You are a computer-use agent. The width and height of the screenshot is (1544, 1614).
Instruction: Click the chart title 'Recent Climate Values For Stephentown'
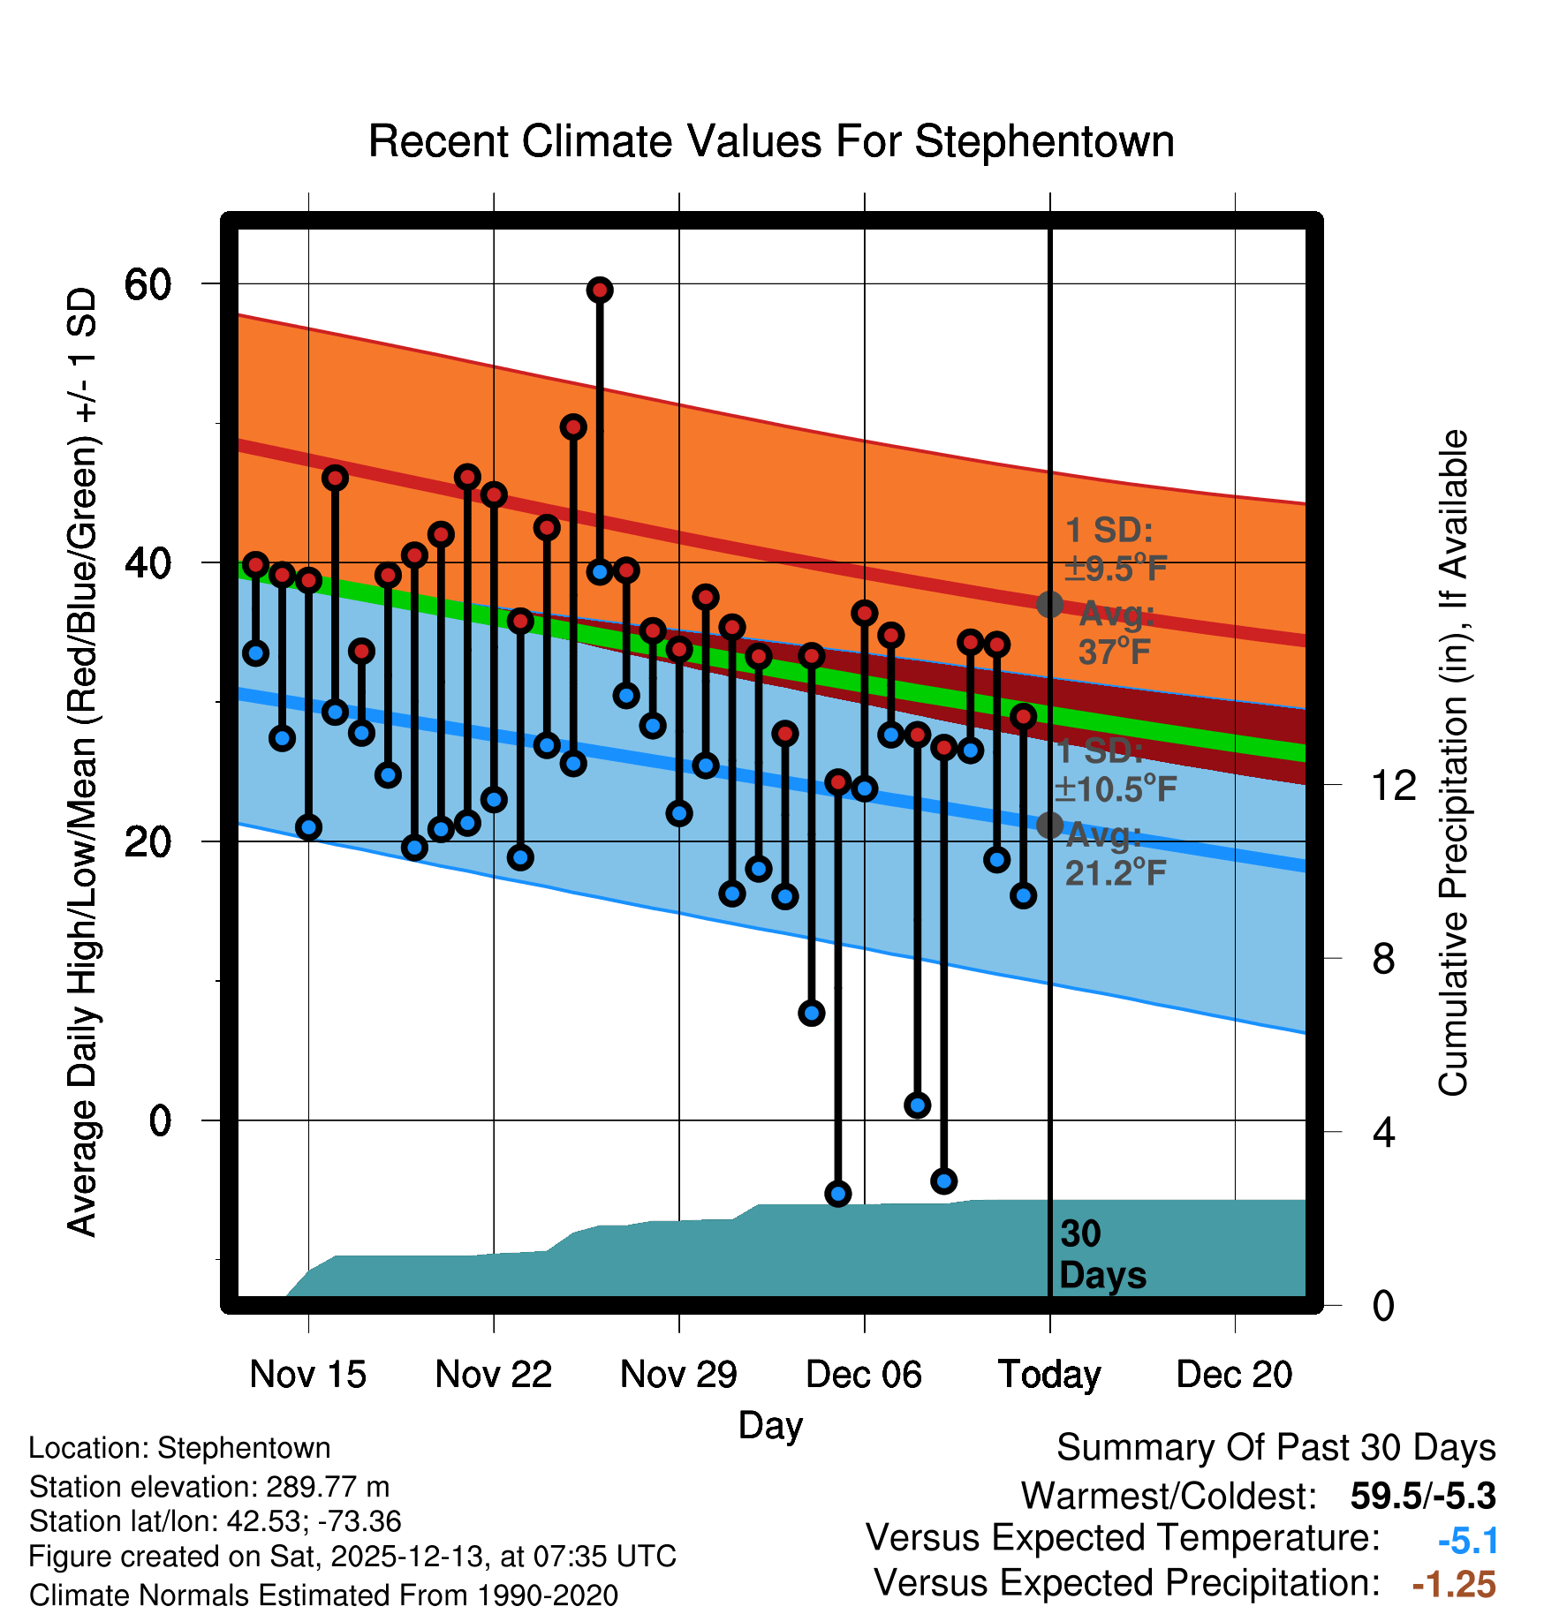point(770,142)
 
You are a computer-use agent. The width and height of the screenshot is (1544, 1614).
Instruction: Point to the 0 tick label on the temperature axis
point(160,1121)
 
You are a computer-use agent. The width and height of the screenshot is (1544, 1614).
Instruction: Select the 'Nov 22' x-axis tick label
point(493,1375)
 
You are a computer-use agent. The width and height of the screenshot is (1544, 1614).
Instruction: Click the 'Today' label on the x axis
point(1049,1375)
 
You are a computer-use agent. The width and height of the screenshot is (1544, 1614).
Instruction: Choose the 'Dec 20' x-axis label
point(1234,1375)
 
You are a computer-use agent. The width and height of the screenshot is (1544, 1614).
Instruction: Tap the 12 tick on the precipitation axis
point(1393,785)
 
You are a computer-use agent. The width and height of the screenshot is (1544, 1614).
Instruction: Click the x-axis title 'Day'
point(770,1425)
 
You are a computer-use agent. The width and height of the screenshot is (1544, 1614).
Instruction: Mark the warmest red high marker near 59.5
point(600,290)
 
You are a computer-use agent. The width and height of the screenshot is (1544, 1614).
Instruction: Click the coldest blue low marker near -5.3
point(837,1194)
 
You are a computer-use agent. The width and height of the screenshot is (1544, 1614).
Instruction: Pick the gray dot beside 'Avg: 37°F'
point(1049,604)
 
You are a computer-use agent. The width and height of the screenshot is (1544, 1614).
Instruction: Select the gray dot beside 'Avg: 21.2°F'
point(1049,825)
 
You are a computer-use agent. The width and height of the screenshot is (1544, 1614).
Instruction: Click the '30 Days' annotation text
point(1101,1255)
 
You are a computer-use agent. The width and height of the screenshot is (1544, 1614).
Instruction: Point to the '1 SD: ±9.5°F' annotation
point(1115,549)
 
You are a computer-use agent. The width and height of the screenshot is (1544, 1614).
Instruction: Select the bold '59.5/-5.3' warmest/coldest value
point(1422,1496)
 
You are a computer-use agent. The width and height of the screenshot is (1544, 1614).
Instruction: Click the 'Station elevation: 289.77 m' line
point(209,1487)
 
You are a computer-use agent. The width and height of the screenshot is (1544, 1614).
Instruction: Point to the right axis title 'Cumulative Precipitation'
point(1453,763)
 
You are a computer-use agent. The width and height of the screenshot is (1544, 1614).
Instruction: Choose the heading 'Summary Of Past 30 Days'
point(1275,1448)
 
